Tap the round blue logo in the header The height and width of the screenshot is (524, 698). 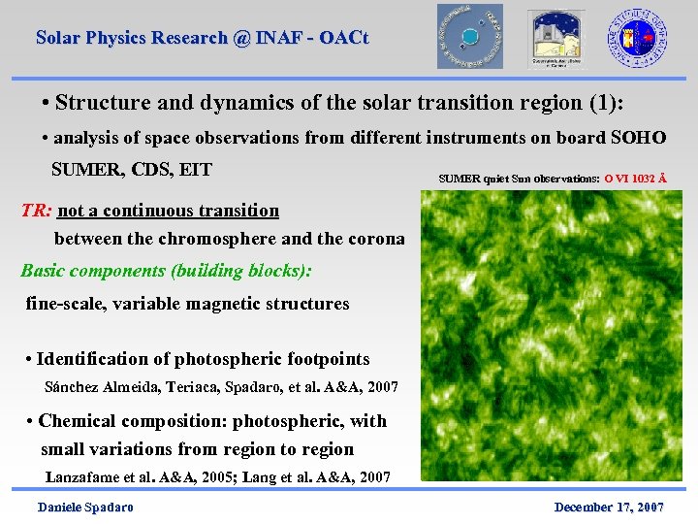tap(470, 36)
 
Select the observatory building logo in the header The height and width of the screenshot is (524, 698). tap(556, 39)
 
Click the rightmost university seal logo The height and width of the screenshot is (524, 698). tap(637, 36)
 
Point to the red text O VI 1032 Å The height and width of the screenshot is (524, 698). tap(635, 179)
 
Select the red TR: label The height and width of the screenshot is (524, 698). tap(37, 211)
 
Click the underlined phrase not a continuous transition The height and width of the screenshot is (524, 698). tap(169, 211)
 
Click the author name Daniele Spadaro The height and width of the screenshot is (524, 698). tap(85, 508)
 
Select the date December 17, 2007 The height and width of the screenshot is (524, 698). tap(608, 508)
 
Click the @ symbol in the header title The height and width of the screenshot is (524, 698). tap(241, 39)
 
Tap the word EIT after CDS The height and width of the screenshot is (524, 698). tap(195, 170)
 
